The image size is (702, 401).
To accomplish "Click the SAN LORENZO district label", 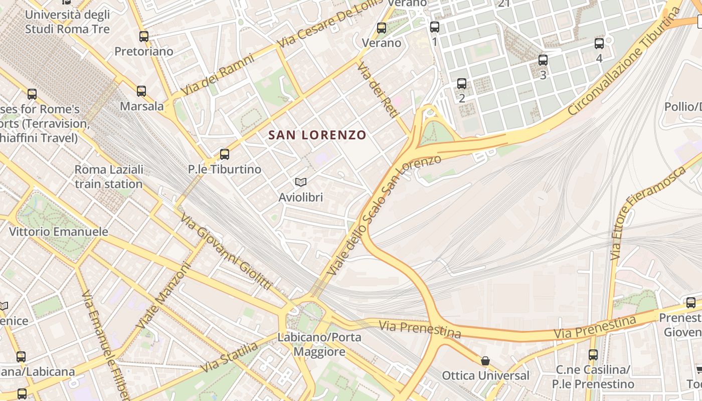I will (x=317, y=135).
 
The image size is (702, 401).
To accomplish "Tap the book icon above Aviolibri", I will (x=301, y=182).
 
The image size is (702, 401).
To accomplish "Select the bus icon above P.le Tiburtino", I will (x=225, y=154).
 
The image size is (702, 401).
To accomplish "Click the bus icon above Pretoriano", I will (x=144, y=36).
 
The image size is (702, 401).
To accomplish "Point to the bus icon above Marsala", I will (x=141, y=91).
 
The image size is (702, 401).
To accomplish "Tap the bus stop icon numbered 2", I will (x=462, y=83).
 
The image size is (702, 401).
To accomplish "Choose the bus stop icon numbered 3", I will (x=543, y=60).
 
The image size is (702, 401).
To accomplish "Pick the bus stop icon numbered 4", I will (x=599, y=43).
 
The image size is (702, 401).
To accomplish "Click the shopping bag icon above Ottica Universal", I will (x=485, y=361).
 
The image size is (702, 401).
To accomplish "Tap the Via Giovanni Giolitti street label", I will (x=226, y=252).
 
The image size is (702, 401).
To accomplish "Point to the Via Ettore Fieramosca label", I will (x=647, y=213).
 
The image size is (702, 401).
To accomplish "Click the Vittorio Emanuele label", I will (x=59, y=232).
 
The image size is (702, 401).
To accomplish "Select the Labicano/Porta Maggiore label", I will (x=319, y=344).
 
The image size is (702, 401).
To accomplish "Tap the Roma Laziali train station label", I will (x=109, y=176).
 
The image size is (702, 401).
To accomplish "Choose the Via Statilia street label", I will (x=229, y=357).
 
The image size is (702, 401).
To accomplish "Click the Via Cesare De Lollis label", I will (x=330, y=25).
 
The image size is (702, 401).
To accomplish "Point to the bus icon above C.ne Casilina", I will (x=593, y=355).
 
